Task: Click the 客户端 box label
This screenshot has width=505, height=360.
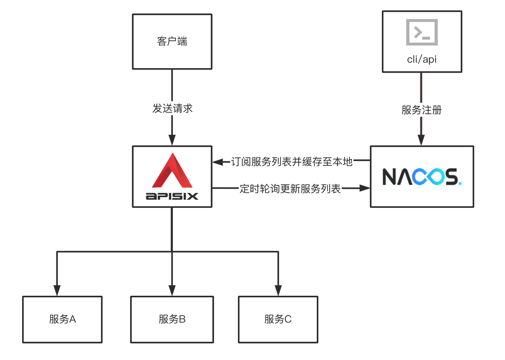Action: click(x=172, y=41)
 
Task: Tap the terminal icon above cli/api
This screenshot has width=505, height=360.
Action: click(x=422, y=32)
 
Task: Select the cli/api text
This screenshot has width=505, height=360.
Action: click(x=422, y=59)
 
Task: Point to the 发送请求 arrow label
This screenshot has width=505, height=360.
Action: click(x=172, y=108)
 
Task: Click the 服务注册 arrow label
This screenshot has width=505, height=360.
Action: click(x=421, y=110)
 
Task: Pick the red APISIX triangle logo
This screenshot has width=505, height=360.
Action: click(x=172, y=171)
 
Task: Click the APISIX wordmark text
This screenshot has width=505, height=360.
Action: click(x=172, y=196)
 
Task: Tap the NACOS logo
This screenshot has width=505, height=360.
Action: click(x=421, y=177)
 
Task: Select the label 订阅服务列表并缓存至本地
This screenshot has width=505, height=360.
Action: click(x=292, y=162)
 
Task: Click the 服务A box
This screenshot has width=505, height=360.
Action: click(x=62, y=319)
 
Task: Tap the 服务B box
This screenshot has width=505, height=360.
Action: click(x=172, y=319)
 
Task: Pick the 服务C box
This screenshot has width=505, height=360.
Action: click(x=278, y=319)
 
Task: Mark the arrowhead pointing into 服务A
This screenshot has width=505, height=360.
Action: click(x=57, y=291)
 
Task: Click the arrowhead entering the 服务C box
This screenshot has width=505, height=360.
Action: click(x=278, y=291)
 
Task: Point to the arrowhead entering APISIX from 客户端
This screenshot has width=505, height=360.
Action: click(x=172, y=140)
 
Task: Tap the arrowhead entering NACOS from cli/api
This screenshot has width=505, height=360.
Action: click(x=421, y=140)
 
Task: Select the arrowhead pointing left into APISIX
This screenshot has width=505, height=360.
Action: click(x=217, y=162)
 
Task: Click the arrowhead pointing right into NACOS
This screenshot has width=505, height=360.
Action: click(x=365, y=188)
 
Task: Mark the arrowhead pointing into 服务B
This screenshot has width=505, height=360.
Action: click(x=172, y=291)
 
